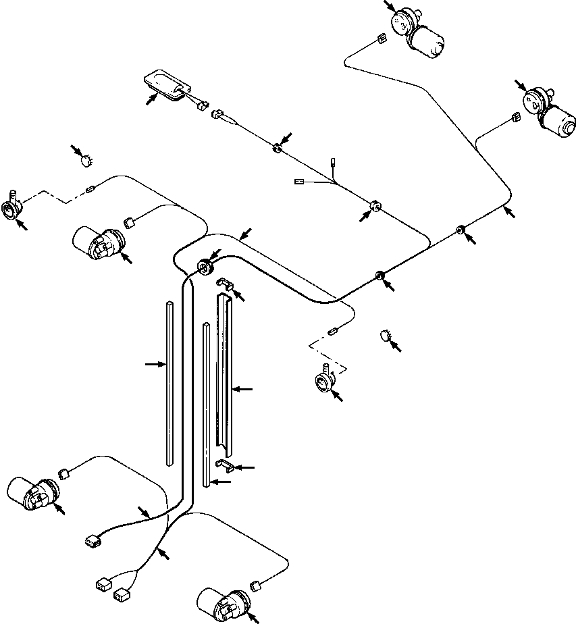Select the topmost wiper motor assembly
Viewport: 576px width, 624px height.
(x=419, y=30)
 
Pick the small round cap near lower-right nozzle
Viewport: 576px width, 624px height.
(x=385, y=335)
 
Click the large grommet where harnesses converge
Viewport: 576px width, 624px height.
(x=205, y=266)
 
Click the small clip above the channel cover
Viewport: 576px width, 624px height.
(x=224, y=286)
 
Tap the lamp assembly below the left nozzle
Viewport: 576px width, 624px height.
(x=98, y=243)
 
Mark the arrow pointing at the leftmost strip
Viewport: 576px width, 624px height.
(x=155, y=364)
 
